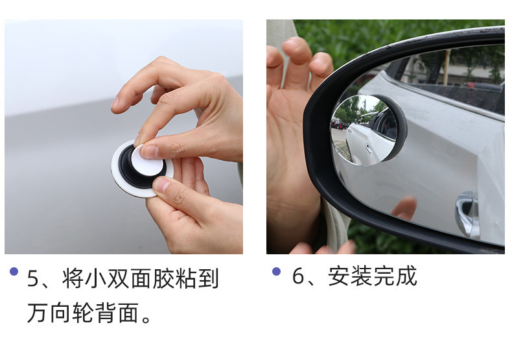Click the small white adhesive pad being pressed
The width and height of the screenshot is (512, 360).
click(x=147, y=161)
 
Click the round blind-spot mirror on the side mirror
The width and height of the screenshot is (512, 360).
click(x=365, y=130)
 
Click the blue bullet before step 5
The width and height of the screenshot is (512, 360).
click(x=14, y=271)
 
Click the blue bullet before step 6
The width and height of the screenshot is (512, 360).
click(x=276, y=271)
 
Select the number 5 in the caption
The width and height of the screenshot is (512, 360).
click(x=32, y=278)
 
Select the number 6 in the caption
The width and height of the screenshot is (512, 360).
click(x=298, y=276)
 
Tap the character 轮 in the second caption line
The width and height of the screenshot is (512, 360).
click(x=82, y=313)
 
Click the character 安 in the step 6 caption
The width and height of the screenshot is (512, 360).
click(x=338, y=276)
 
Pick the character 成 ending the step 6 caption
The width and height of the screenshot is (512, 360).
click(x=406, y=276)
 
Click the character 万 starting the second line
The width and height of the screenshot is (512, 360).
click(x=38, y=313)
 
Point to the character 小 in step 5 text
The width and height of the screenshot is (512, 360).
click(x=95, y=278)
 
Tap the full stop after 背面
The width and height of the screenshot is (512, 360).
click(x=146, y=319)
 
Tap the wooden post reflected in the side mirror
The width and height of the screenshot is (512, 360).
click(x=446, y=67)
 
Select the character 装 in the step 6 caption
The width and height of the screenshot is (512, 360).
click(x=361, y=276)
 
